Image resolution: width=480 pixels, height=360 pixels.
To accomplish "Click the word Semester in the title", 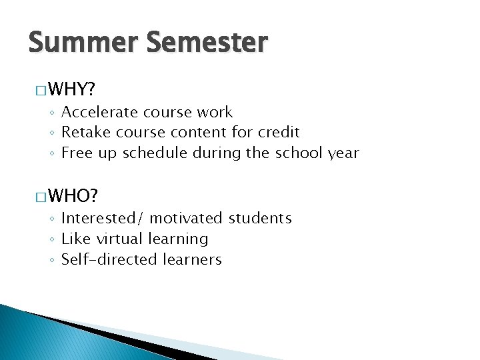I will (x=207, y=43).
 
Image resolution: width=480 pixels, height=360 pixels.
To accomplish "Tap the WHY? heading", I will (x=71, y=89).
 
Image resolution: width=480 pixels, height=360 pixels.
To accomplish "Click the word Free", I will (x=75, y=153).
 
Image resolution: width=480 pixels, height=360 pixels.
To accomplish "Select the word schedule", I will (x=154, y=153).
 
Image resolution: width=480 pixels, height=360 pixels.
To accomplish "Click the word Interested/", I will (x=103, y=218).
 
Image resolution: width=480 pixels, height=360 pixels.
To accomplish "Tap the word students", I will (x=261, y=218).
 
